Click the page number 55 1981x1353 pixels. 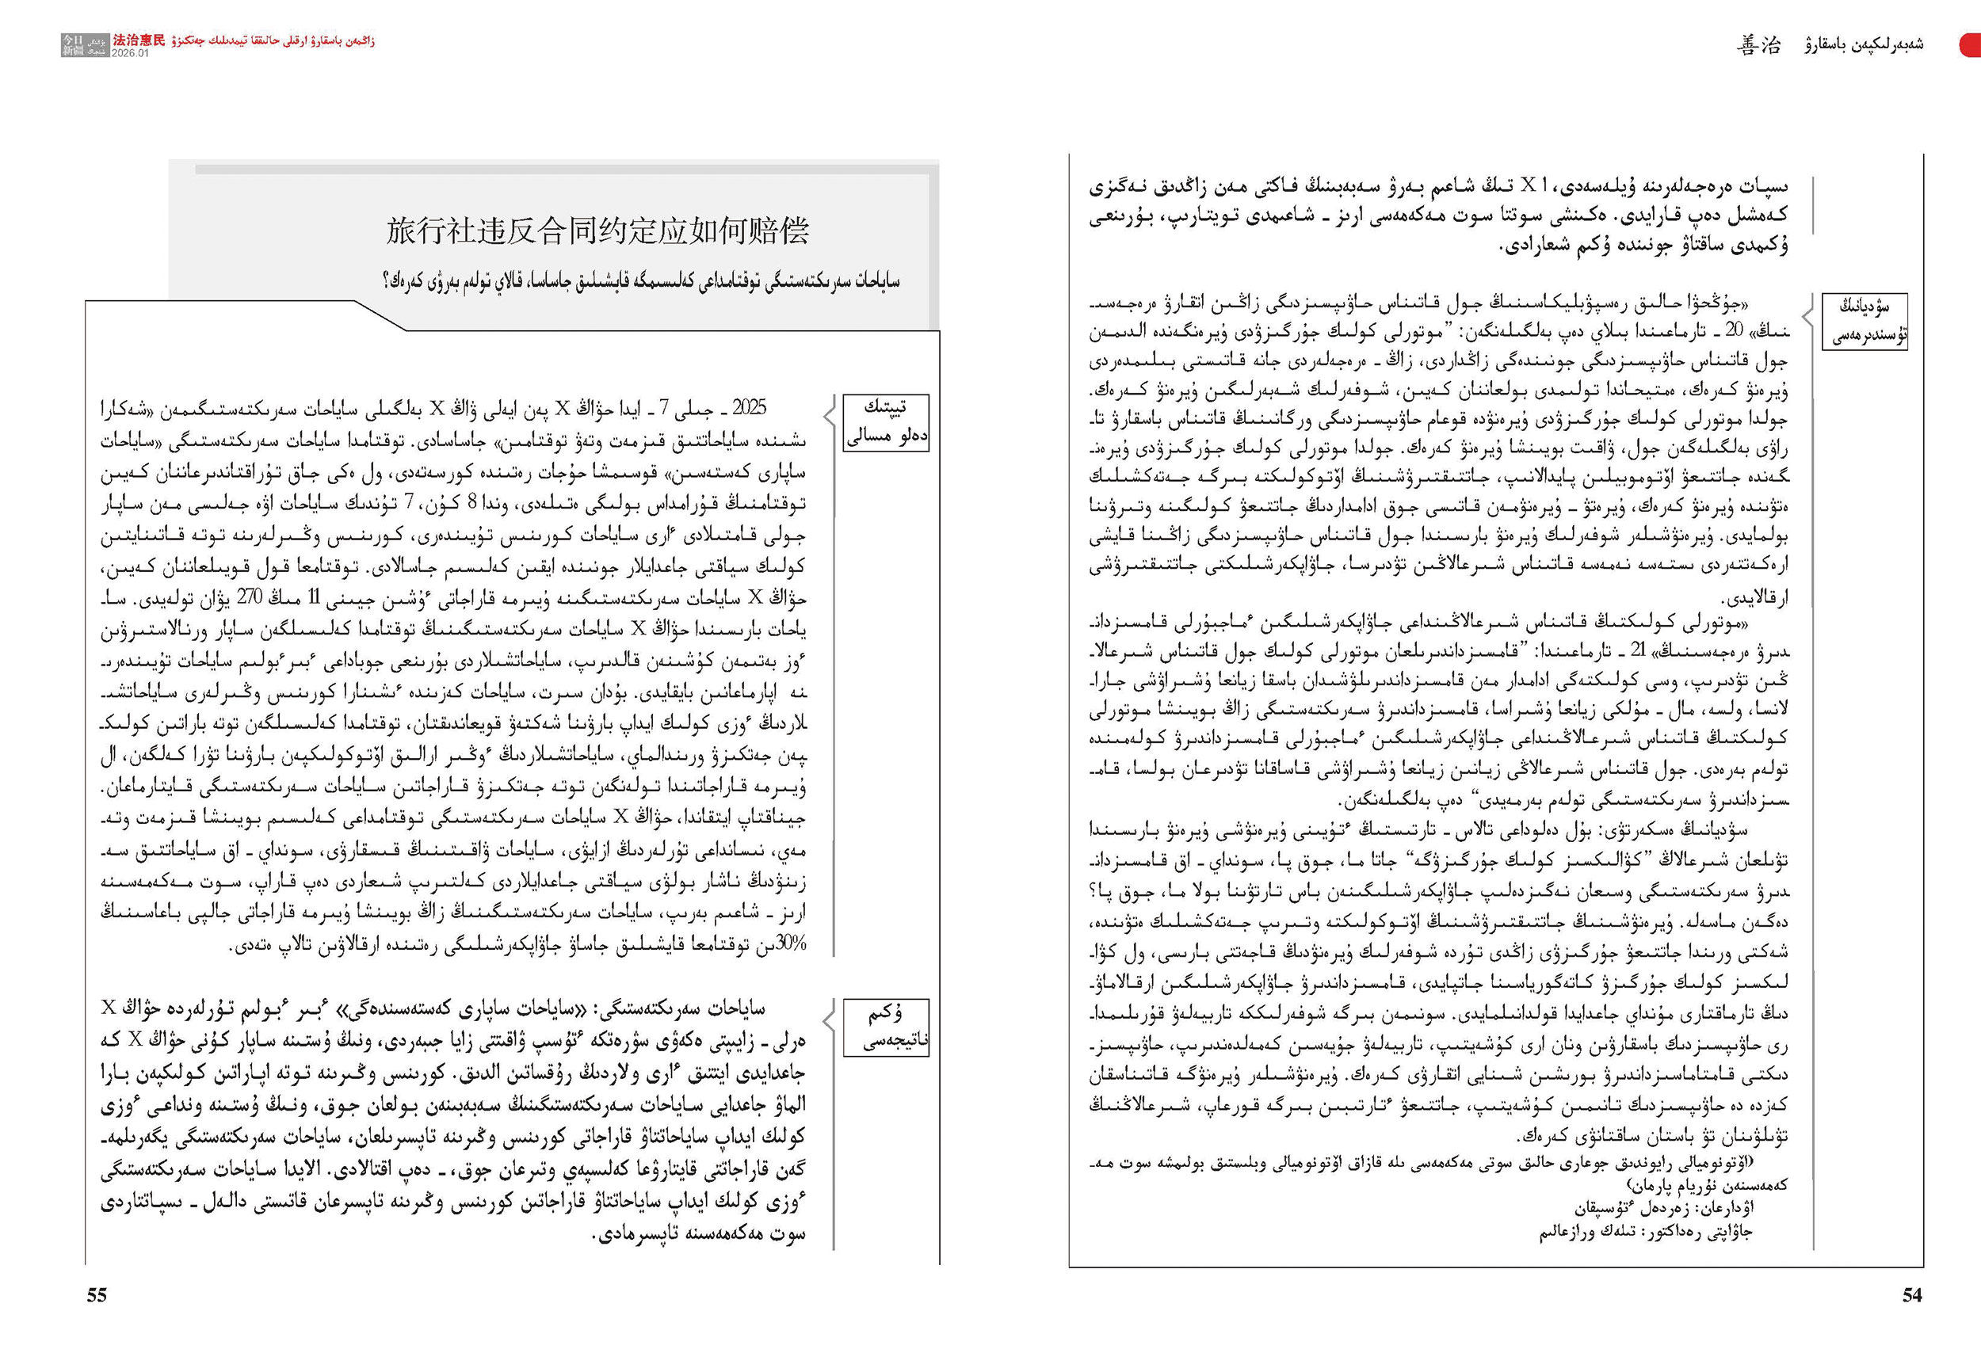[x=97, y=1295]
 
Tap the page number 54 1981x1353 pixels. [x=1912, y=1295]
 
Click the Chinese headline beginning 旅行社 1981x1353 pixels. [x=597, y=231]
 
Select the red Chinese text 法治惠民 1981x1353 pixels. [x=139, y=40]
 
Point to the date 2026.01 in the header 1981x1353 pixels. [x=130, y=53]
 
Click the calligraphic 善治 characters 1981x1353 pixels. [x=1758, y=45]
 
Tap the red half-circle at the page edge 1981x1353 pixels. [x=1971, y=45]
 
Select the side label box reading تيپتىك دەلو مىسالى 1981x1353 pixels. [x=886, y=421]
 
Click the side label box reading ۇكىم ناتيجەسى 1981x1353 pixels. [x=886, y=1027]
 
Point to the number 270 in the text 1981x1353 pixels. [x=250, y=597]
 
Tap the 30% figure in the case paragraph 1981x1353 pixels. [x=790, y=944]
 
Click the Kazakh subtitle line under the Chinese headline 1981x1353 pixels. [x=641, y=281]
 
